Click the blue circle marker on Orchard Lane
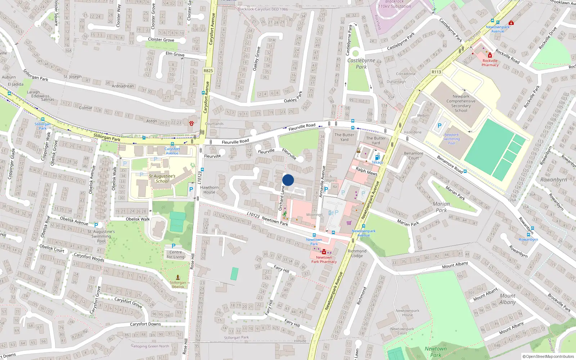288,180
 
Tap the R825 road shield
208,71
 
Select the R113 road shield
436,72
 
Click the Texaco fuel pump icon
377,158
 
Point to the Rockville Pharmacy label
490,63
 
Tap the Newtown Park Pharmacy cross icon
324,252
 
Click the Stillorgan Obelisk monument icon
177,278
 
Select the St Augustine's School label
162,179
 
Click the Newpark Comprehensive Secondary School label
461,103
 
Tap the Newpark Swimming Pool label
451,139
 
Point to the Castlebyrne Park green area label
361,63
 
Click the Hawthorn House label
209,190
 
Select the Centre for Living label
175,255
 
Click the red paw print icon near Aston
192,123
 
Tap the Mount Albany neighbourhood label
508,299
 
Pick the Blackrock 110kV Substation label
394,4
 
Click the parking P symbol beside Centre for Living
174,246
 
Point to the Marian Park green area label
441,207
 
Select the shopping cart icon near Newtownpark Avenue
348,223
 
